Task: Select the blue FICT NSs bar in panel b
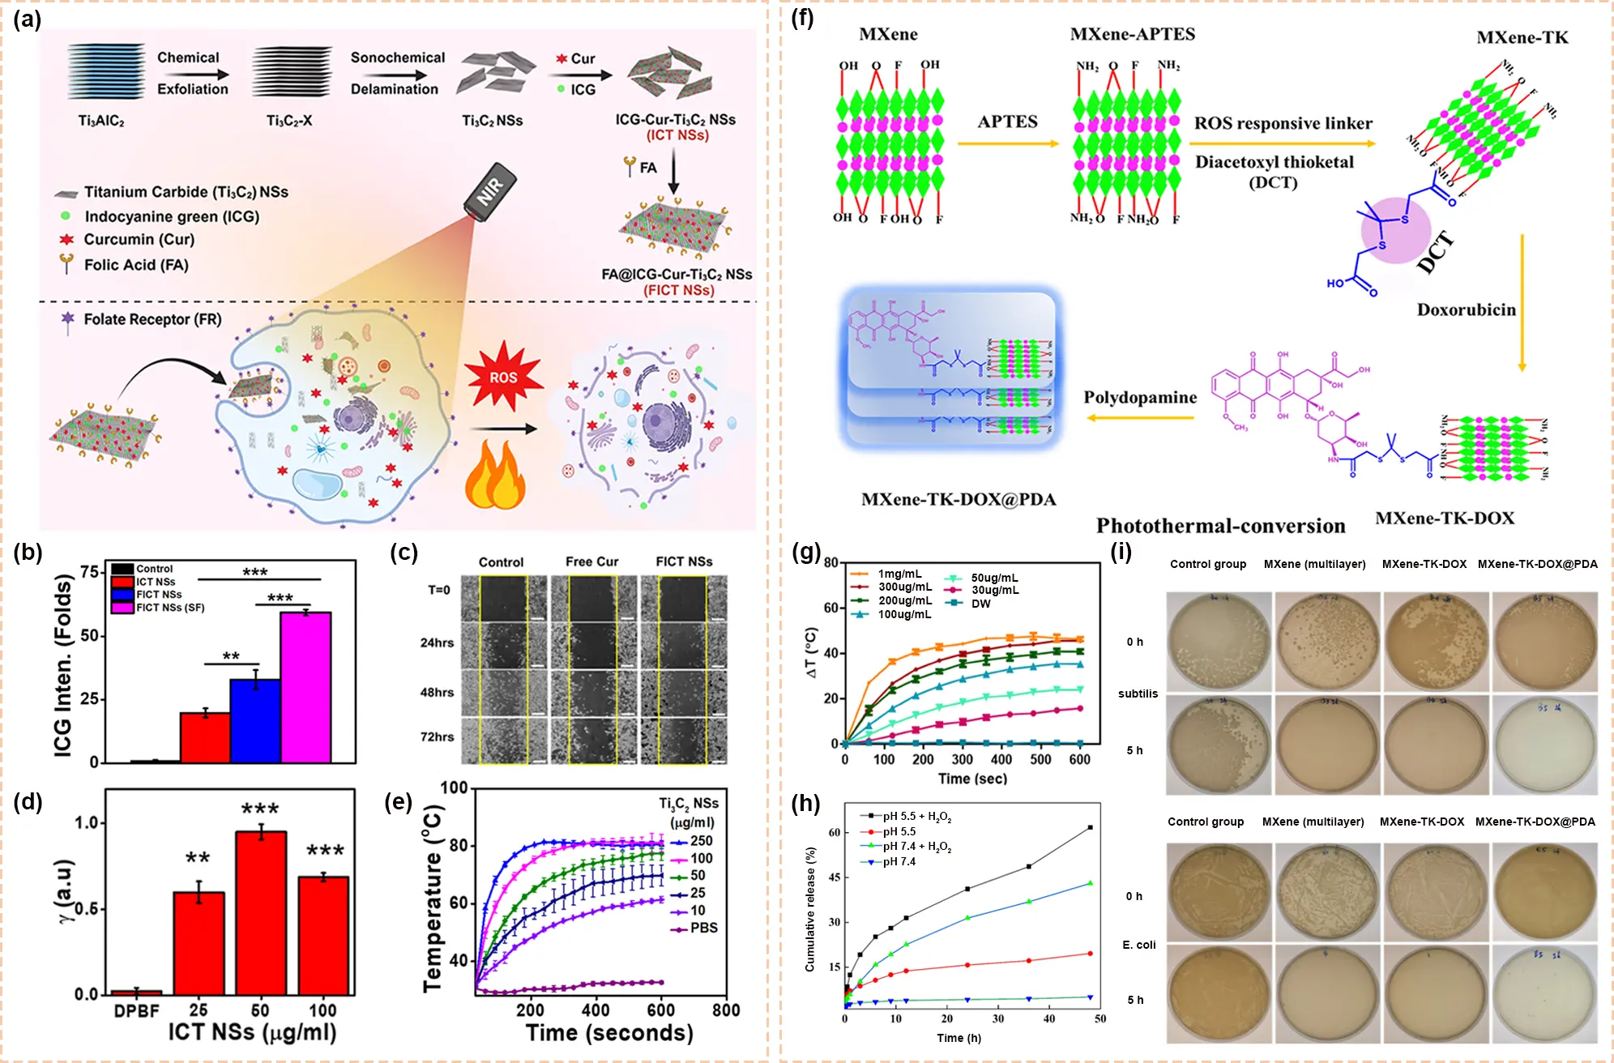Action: click(255, 720)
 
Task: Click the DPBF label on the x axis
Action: click(136, 1010)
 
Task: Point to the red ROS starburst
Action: click(503, 377)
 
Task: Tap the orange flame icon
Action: click(495, 478)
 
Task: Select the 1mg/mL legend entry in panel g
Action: click(899, 574)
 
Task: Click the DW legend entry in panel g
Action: click(980, 604)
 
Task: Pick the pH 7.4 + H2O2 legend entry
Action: click(917, 847)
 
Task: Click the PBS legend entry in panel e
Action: click(703, 928)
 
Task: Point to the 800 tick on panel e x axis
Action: click(726, 1010)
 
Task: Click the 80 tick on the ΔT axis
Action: click(830, 562)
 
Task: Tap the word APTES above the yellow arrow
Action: click(1007, 122)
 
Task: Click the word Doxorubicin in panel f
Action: click(1466, 310)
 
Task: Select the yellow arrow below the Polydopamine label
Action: click(1140, 418)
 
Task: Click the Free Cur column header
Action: click(591, 561)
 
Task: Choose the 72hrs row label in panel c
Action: click(437, 736)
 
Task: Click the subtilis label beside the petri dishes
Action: click(1138, 694)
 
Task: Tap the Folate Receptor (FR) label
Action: click(152, 319)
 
